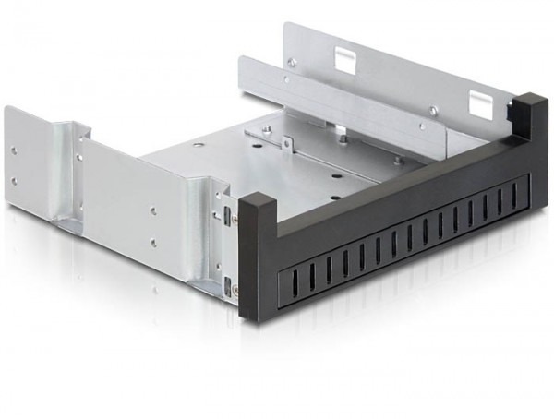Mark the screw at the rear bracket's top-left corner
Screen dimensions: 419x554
pos(292,63)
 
